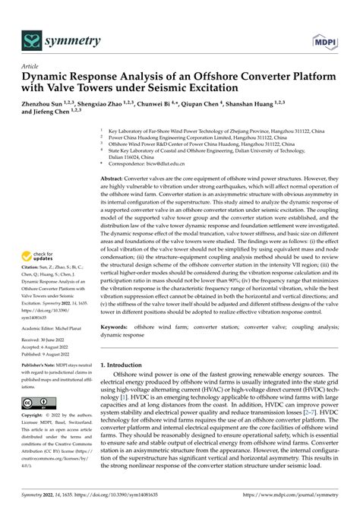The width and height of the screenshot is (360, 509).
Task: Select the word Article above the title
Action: tap(30, 66)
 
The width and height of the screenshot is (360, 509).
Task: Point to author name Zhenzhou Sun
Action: tap(48, 103)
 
